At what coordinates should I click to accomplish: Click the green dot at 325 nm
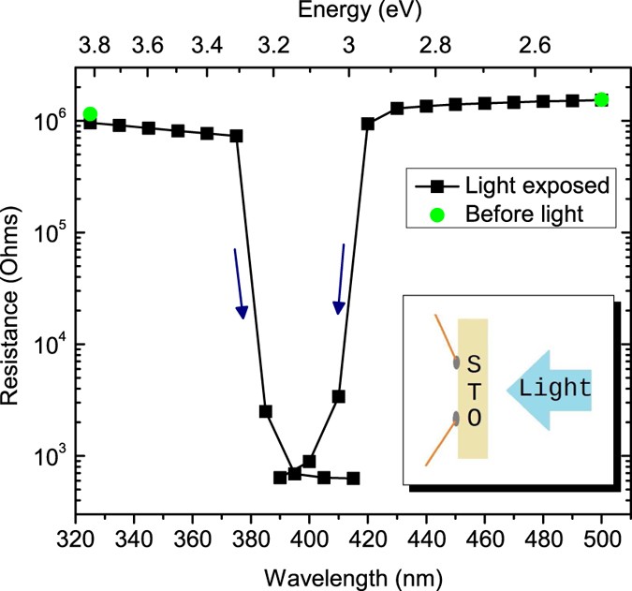click(90, 114)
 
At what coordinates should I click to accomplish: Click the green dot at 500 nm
click(602, 99)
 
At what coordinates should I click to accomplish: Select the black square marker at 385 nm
click(266, 411)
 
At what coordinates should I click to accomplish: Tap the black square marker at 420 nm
click(368, 124)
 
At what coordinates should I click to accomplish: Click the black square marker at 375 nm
click(236, 136)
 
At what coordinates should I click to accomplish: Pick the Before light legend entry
click(524, 214)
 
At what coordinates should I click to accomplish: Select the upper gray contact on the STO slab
click(455, 362)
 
